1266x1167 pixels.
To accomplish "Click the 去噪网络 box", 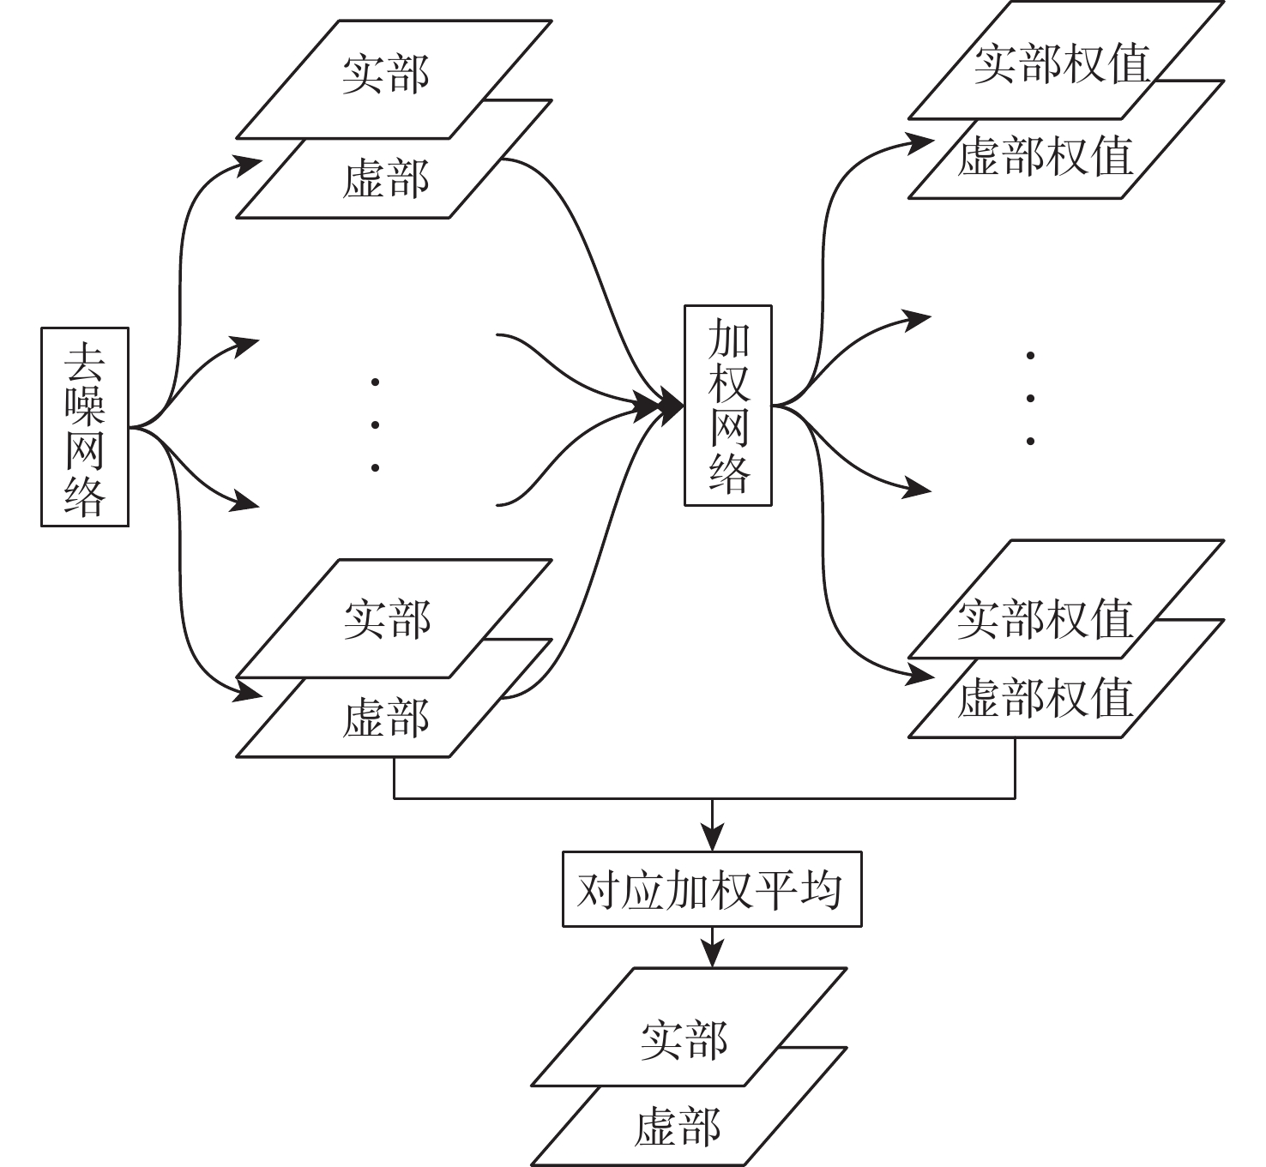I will [85, 426].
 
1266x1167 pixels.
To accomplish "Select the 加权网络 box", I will [728, 405].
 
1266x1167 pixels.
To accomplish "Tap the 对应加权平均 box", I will [711, 888].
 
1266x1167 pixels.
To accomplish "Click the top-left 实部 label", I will [386, 75].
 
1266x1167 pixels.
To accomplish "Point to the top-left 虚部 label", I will [385, 180].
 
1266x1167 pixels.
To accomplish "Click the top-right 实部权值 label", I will [1061, 64].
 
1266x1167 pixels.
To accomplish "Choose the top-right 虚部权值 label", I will [1045, 157].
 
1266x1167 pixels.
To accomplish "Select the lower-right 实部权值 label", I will [1045, 619].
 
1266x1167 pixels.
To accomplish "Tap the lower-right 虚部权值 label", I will [1045, 698].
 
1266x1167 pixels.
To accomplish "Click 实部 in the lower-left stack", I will [387, 619].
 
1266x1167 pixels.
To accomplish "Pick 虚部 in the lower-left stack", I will [385, 718].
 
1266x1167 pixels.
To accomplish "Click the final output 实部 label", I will [684, 1040].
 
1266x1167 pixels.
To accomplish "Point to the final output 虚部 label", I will [678, 1126].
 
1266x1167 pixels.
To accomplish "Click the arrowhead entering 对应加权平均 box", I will [712, 838].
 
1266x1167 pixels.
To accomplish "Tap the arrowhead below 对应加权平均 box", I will [712, 953].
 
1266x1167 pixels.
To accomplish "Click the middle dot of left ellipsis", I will [375, 424].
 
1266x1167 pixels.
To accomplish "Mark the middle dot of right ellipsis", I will [1030, 398].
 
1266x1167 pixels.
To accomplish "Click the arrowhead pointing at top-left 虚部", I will [247, 163].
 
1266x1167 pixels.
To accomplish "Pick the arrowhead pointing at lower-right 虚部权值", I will [920, 673].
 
